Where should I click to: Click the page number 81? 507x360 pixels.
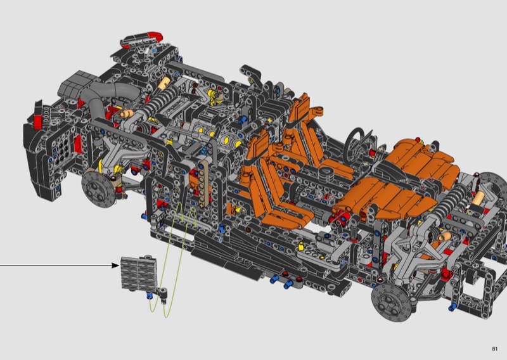495,349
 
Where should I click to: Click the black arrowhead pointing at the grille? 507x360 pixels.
115,265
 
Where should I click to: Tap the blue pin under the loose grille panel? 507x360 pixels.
150,295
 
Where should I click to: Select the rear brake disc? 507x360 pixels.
98,190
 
